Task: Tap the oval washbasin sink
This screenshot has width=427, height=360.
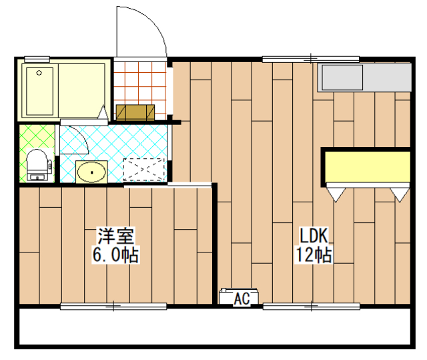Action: click(x=91, y=172)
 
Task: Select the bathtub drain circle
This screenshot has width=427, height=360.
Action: click(x=39, y=73)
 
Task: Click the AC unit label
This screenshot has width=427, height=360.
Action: click(x=242, y=299)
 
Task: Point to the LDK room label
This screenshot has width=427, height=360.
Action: click(x=314, y=236)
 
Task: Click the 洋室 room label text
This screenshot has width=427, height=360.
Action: click(x=116, y=236)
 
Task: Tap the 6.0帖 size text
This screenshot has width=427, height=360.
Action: click(x=116, y=254)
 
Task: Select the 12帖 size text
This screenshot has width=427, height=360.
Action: click(x=314, y=254)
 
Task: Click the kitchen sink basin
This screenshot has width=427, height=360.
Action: click(x=342, y=77)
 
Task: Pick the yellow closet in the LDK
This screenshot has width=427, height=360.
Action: click(x=368, y=167)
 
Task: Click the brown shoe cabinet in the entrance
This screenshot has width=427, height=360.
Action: click(x=135, y=112)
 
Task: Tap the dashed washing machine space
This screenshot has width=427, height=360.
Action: click(x=144, y=170)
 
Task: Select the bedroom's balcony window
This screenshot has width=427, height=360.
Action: click(x=113, y=307)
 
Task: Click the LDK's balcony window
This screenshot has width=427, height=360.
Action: click(x=312, y=307)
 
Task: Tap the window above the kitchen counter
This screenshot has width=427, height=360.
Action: click(x=311, y=59)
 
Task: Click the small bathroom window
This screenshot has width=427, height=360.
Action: click(x=37, y=59)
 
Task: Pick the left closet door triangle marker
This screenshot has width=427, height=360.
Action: click(x=336, y=195)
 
